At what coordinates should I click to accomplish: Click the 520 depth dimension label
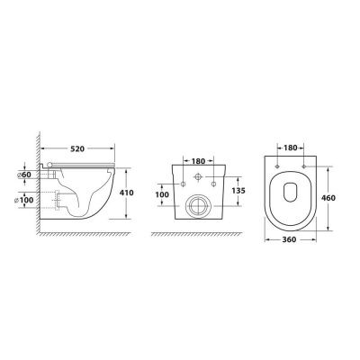[77, 148]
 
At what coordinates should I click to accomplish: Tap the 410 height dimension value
[127, 193]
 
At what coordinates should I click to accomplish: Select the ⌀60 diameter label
[24, 175]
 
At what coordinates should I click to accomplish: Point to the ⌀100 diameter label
[24, 200]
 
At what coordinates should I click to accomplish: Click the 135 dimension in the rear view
[238, 191]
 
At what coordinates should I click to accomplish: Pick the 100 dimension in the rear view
[162, 194]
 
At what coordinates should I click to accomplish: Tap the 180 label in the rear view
[198, 161]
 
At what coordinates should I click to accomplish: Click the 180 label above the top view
[291, 148]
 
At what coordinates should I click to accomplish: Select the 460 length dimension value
[328, 198]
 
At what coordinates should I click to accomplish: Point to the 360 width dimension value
[289, 239]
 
